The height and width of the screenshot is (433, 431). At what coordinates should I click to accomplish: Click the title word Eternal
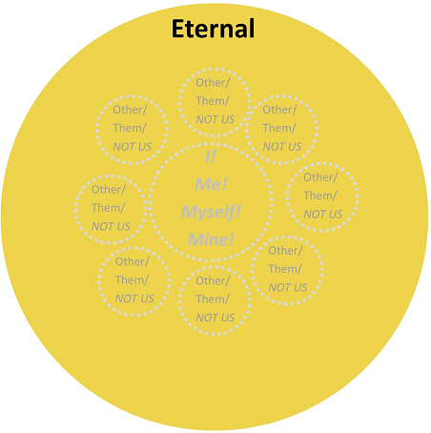(213, 29)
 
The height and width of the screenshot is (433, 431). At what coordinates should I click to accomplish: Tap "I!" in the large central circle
(211, 156)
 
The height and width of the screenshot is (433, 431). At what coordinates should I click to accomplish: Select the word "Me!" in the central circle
(211, 184)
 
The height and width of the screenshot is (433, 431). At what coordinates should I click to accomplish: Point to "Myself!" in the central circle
(211, 213)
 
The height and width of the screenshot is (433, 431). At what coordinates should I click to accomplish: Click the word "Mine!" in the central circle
(211, 239)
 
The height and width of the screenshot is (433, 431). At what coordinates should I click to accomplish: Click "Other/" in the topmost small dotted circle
(213, 83)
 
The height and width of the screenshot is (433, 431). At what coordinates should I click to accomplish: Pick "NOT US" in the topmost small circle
(215, 119)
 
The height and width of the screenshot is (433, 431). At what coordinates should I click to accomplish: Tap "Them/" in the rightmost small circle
(320, 196)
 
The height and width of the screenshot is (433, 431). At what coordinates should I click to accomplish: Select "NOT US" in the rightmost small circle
(323, 215)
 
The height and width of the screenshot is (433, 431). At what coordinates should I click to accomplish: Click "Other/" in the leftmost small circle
(109, 190)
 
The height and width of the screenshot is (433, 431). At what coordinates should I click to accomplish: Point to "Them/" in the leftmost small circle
(108, 208)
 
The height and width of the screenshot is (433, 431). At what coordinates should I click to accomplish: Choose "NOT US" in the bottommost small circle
(215, 318)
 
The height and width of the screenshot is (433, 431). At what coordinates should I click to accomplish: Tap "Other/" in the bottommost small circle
(213, 280)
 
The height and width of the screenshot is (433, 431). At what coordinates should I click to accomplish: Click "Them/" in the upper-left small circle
(130, 128)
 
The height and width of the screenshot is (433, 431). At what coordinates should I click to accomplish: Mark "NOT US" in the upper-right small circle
(282, 147)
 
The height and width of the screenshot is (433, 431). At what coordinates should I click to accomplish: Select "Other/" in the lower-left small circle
(132, 261)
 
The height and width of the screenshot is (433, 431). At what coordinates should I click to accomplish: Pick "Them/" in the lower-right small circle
(285, 269)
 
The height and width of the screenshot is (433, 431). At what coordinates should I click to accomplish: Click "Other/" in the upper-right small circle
(279, 110)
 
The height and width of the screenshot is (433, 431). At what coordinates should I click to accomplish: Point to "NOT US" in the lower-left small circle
(134, 299)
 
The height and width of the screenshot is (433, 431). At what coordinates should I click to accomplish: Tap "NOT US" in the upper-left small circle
(133, 147)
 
